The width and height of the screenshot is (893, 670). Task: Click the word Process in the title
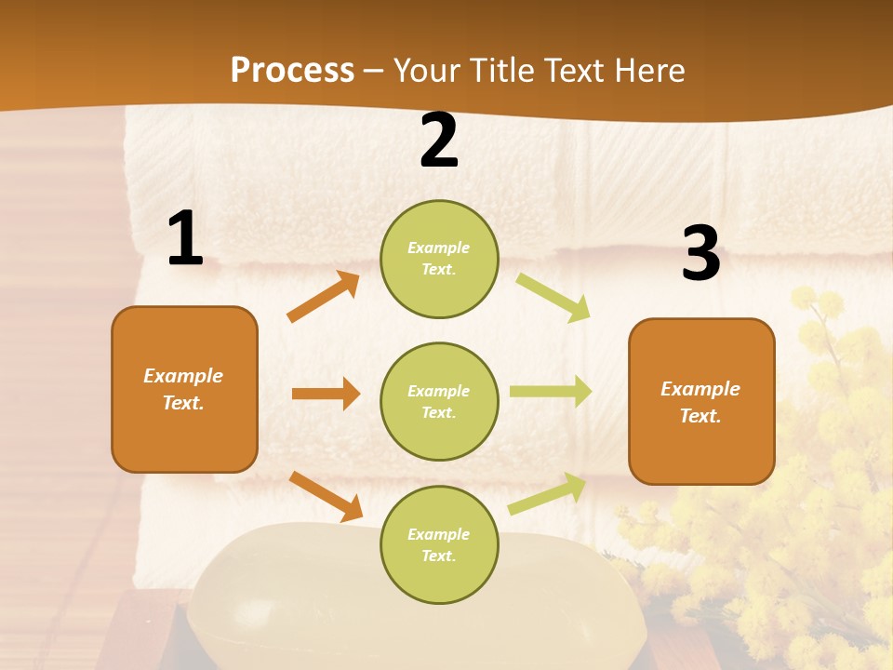[292, 71]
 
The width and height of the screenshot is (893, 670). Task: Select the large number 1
[185, 239]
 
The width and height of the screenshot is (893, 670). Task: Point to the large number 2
[439, 141]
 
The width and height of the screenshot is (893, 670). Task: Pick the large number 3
[700, 253]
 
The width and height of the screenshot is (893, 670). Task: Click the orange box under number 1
[184, 389]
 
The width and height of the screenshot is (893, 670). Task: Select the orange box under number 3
[701, 401]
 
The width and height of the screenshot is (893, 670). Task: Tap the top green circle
[439, 259]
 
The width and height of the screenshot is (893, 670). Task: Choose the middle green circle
[439, 401]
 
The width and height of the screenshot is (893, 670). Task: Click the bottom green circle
[439, 544]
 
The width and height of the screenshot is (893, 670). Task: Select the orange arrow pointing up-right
[324, 297]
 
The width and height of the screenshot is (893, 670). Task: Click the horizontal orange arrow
[326, 394]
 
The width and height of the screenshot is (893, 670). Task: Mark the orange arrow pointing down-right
[326, 496]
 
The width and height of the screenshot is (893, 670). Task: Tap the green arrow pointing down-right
[553, 297]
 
